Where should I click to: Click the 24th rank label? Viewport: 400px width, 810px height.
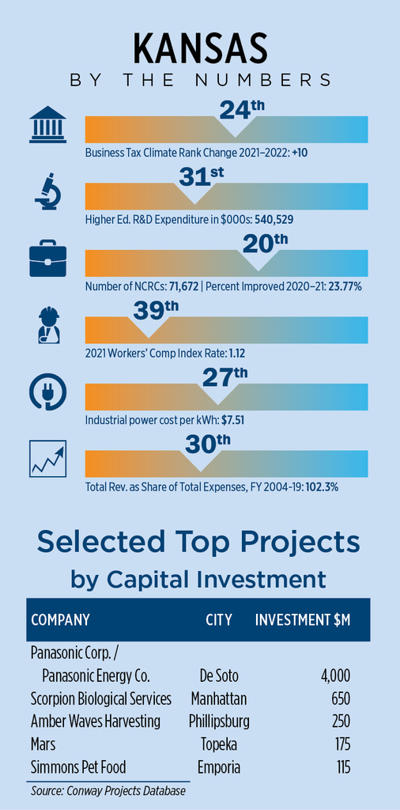237,110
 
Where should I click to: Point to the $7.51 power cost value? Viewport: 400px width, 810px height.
232,420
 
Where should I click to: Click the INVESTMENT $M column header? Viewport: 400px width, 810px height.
303,620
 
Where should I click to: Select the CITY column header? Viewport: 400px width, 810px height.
219,620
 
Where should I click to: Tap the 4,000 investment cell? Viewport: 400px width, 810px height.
335,676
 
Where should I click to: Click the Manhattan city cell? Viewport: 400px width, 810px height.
219,699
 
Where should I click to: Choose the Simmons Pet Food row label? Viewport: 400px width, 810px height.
78,767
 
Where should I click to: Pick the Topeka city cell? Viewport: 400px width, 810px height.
219,744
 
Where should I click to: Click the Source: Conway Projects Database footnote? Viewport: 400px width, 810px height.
108,791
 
